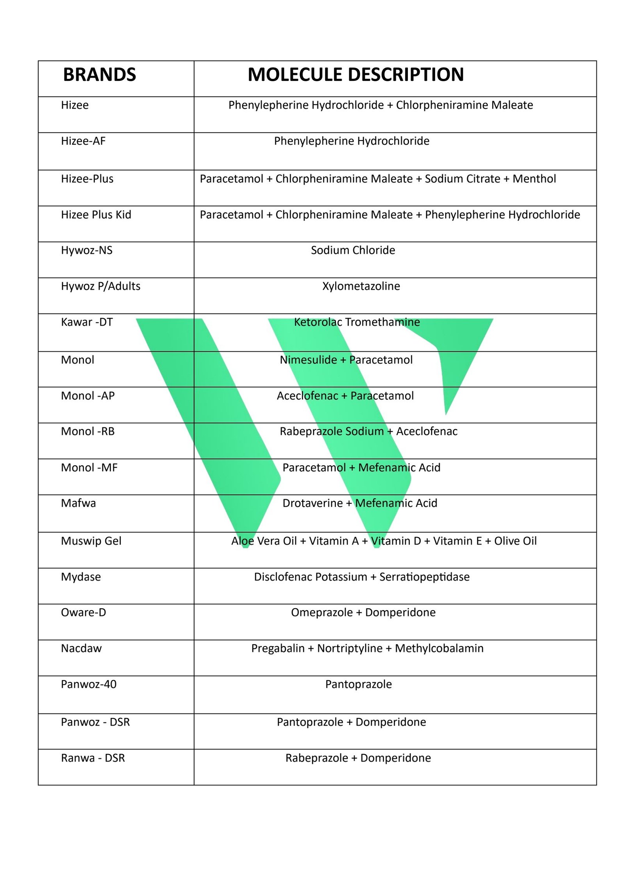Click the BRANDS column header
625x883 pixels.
coord(99,75)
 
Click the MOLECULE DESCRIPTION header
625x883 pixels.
coord(355,75)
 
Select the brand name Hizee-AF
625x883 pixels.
coord(83,141)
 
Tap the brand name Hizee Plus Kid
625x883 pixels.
coord(96,215)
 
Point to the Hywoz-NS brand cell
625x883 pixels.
coord(87,250)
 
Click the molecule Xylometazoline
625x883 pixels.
coord(361,286)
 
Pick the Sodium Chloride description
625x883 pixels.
coord(353,250)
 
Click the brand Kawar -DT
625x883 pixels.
coord(87,322)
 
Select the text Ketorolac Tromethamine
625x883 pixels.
coord(357,322)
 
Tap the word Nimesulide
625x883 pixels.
coord(308,360)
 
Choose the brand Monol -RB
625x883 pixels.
coord(88,431)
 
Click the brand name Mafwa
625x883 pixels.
coord(78,503)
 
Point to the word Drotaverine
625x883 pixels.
coord(312,503)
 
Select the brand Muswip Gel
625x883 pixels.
coord(91,541)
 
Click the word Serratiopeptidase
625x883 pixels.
coord(424,577)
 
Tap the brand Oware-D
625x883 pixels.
coord(83,612)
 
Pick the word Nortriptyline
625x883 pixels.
coord(350,648)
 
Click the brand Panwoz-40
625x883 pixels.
coord(89,684)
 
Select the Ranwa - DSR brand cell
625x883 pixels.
coord(93,758)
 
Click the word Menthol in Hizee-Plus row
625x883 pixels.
coord(534,179)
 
